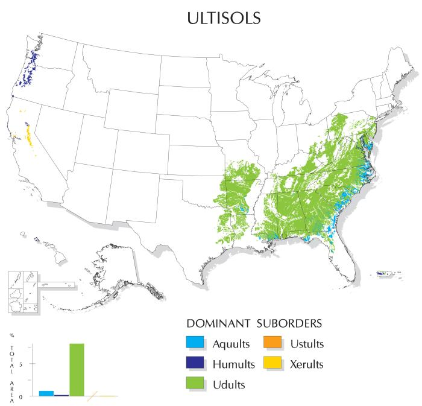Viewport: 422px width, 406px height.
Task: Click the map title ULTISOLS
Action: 211,17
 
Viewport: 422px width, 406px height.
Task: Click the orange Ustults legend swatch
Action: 272,343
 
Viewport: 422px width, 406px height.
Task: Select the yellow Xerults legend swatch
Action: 272,363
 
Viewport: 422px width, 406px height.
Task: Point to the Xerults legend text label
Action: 306,364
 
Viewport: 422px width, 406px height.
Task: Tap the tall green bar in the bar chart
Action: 77,369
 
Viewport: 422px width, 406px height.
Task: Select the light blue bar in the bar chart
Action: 46,393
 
